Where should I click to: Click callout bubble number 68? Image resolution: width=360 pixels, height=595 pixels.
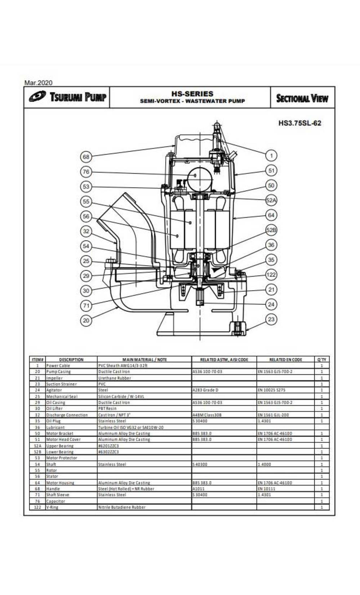[x=86, y=157]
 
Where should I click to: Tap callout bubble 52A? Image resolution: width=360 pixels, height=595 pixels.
[x=271, y=200]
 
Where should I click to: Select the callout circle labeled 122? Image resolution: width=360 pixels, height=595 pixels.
[x=271, y=275]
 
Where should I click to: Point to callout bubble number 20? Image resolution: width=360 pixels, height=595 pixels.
[x=86, y=321]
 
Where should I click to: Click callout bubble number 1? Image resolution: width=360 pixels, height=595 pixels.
[x=271, y=156]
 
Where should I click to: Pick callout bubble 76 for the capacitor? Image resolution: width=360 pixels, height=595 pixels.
[x=86, y=172]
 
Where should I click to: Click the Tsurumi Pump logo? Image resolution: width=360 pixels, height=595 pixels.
[x=67, y=97]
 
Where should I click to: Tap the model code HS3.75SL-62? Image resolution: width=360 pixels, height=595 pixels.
[x=299, y=123]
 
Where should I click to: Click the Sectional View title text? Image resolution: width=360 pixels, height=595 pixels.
[x=302, y=98]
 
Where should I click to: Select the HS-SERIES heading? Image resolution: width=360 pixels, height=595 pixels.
[x=192, y=94]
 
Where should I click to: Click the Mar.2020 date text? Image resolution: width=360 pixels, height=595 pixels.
[x=38, y=82]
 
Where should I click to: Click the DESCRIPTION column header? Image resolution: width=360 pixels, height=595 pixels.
[x=71, y=359]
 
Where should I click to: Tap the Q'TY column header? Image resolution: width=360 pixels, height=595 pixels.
[x=321, y=359]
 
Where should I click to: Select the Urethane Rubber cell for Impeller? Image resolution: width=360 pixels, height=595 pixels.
[x=115, y=378]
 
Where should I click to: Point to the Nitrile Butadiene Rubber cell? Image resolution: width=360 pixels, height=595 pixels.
[x=122, y=507]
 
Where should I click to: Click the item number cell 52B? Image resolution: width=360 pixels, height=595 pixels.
[x=37, y=452]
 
